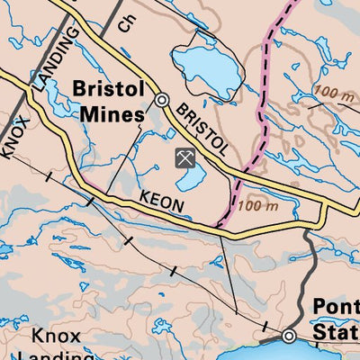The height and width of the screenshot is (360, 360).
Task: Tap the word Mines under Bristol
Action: tap(112, 114)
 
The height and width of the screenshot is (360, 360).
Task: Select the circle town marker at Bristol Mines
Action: tap(162, 101)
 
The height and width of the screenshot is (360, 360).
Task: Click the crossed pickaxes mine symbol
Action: tap(184, 159)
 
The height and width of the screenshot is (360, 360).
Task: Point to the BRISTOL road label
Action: tap(202, 129)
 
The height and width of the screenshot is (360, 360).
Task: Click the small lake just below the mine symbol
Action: tap(191, 183)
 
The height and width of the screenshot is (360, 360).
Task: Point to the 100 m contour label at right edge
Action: tap(334, 93)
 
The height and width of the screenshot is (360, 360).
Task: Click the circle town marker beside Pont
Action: tap(289, 337)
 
